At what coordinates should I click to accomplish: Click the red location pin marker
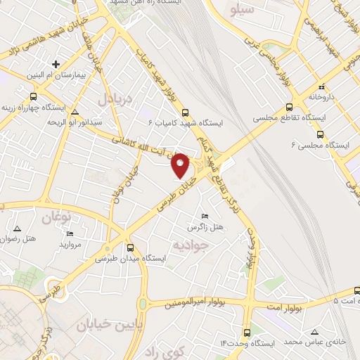[x=181, y=165]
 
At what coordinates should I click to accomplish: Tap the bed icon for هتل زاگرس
[x=205, y=215]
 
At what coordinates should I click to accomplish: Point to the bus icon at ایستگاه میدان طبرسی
[x=130, y=247]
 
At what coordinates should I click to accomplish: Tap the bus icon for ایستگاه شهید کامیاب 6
[x=185, y=112]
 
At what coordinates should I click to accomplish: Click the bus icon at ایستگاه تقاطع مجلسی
[x=289, y=108]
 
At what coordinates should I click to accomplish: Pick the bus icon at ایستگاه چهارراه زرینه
[x=33, y=97]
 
